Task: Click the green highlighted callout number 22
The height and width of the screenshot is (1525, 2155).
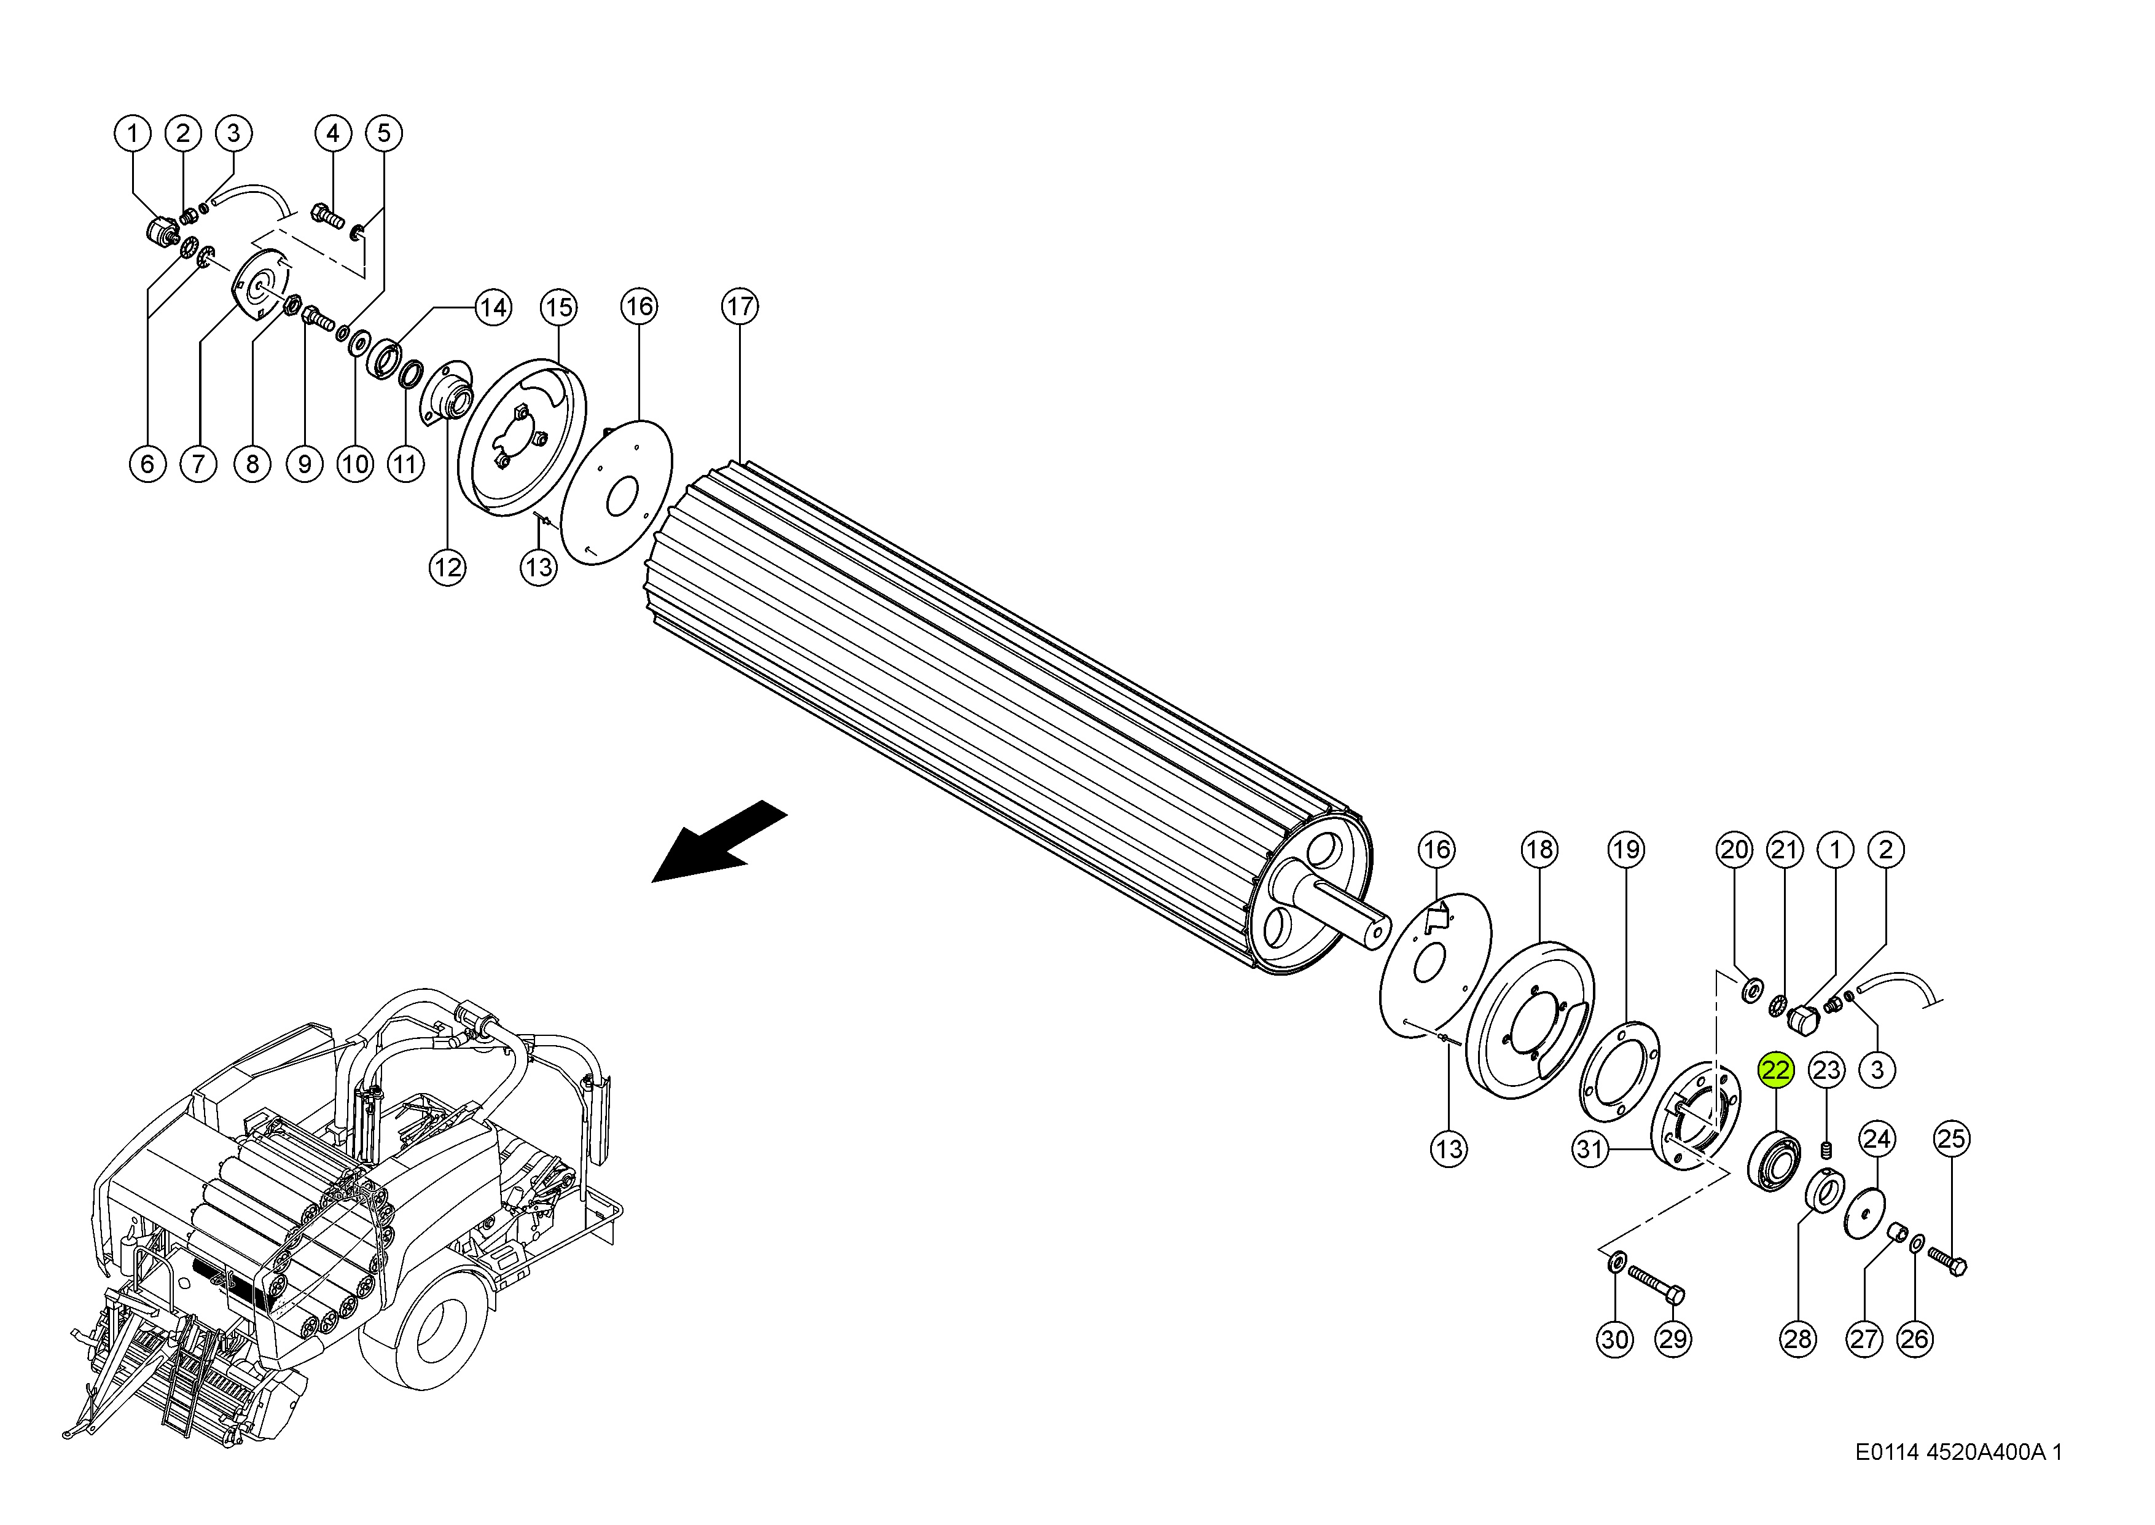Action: pos(1776,1070)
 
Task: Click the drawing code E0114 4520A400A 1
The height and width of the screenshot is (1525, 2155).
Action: pos(1958,1452)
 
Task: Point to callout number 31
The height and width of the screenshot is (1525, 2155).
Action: pos(1589,1148)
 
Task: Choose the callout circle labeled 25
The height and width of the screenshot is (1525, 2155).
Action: pos(1951,1139)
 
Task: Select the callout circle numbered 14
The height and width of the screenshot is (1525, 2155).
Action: pos(492,307)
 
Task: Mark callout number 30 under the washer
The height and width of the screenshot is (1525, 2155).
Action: pos(1614,1339)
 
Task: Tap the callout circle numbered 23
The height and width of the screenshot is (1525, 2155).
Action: pos(1826,1070)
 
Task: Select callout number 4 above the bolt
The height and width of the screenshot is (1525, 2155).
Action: pos(332,133)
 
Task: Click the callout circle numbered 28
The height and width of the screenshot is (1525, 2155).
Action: pos(1797,1339)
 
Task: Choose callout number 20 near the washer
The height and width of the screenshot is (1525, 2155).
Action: pos(1734,850)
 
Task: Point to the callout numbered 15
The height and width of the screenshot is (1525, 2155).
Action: pos(558,307)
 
